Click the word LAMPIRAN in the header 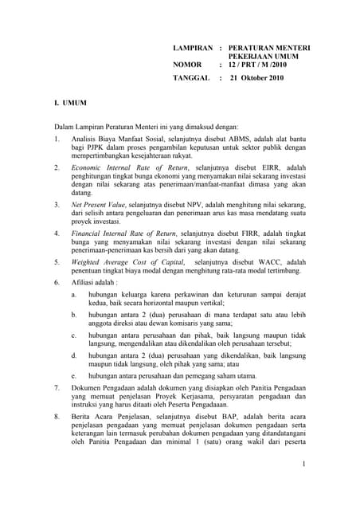194,49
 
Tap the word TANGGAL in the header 191,78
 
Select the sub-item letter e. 73,375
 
